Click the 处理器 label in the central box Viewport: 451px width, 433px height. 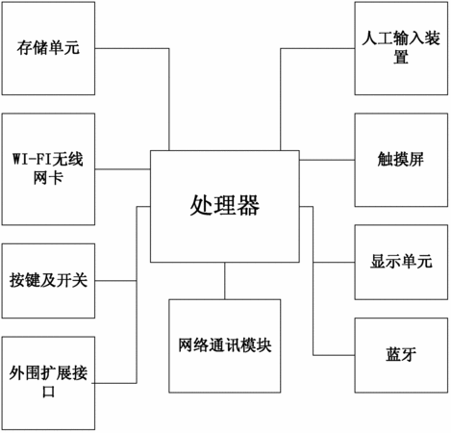(x=225, y=206)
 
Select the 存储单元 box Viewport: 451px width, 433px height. (x=48, y=48)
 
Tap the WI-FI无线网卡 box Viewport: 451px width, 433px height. (x=48, y=169)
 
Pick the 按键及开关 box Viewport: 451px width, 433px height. (x=48, y=281)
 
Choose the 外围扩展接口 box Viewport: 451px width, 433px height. (x=48, y=383)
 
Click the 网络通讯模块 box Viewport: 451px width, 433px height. (x=225, y=345)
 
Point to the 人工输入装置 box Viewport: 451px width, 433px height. (x=401, y=48)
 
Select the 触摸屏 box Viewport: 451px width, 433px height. (x=401, y=160)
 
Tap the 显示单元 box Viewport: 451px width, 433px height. (x=401, y=262)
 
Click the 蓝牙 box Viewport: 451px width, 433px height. (x=401, y=355)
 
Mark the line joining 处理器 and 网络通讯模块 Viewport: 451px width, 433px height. (x=225, y=281)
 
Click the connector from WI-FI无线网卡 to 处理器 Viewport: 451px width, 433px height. (x=123, y=169)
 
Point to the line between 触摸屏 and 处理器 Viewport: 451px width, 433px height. (x=327, y=160)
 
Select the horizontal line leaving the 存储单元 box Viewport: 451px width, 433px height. (x=132, y=48)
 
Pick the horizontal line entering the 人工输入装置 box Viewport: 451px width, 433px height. (x=317, y=48)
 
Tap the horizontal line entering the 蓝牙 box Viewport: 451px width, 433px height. (x=334, y=355)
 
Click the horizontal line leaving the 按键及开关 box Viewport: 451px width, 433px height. (x=115, y=281)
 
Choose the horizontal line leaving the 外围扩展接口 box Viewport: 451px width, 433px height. (x=114, y=383)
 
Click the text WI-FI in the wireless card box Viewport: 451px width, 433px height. (x=32, y=160)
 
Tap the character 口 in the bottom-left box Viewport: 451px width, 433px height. (x=48, y=392)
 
